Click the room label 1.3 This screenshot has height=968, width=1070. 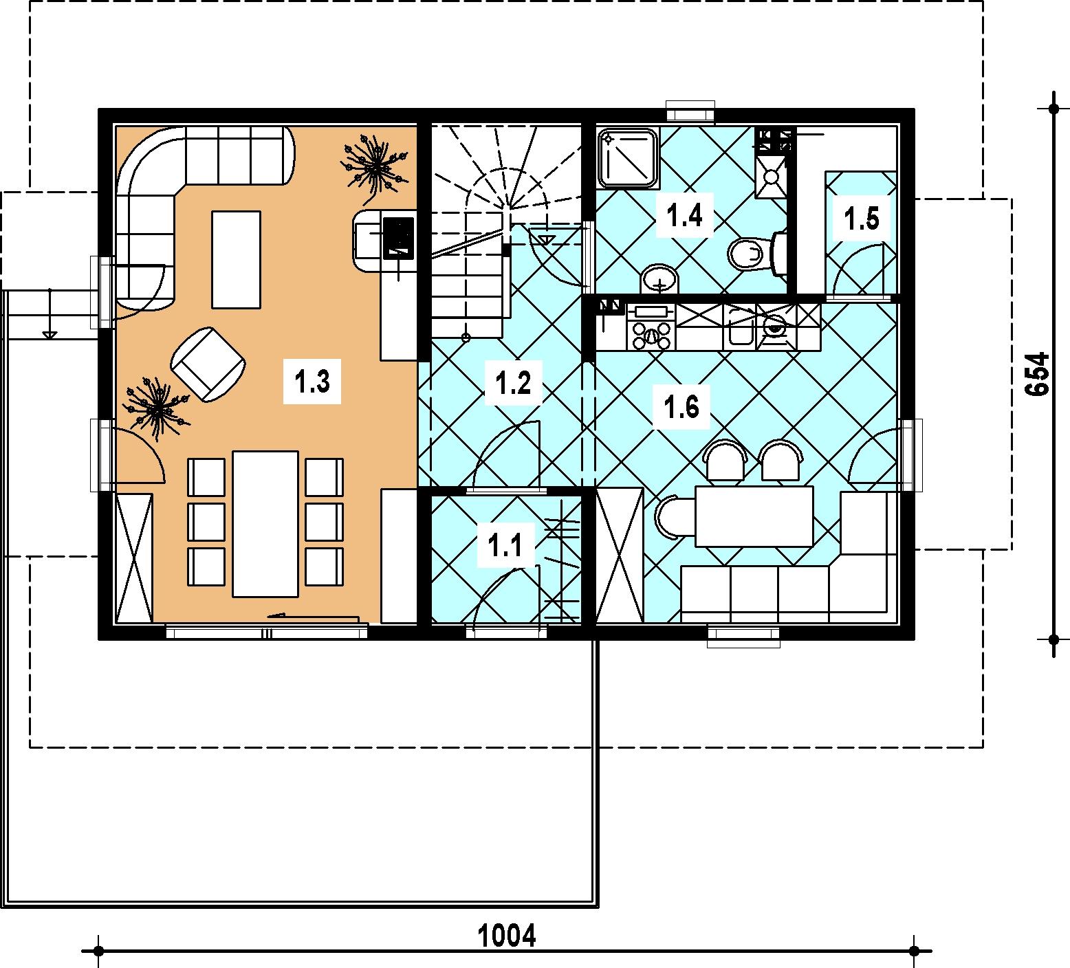[x=312, y=380]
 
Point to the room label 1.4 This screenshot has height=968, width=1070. [x=685, y=216]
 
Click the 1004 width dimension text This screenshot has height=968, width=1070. [x=506, y=935]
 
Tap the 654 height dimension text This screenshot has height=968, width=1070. [x=1037, y=373]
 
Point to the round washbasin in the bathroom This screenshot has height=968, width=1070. [x=660, y=280]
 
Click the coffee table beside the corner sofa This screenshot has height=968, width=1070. [x=236, y=259]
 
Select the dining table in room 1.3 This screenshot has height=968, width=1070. [x=265, y=523]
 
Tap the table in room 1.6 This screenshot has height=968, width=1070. [x=754, y=516]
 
